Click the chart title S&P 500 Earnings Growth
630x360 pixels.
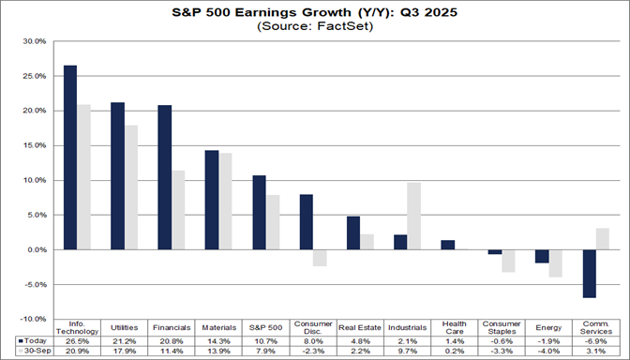coord(315,12)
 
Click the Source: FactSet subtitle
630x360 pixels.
coord(315,27)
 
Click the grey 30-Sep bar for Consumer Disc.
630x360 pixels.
coord(320,258)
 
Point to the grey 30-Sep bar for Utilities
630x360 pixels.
coord(130,187)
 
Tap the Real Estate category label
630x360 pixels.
coord(360,327)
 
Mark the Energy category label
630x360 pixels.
coord(548,327)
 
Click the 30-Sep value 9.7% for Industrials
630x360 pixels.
coord(407,351)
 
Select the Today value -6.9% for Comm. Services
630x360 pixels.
coord(595,340)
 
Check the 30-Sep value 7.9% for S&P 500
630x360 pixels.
coord(265,351)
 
